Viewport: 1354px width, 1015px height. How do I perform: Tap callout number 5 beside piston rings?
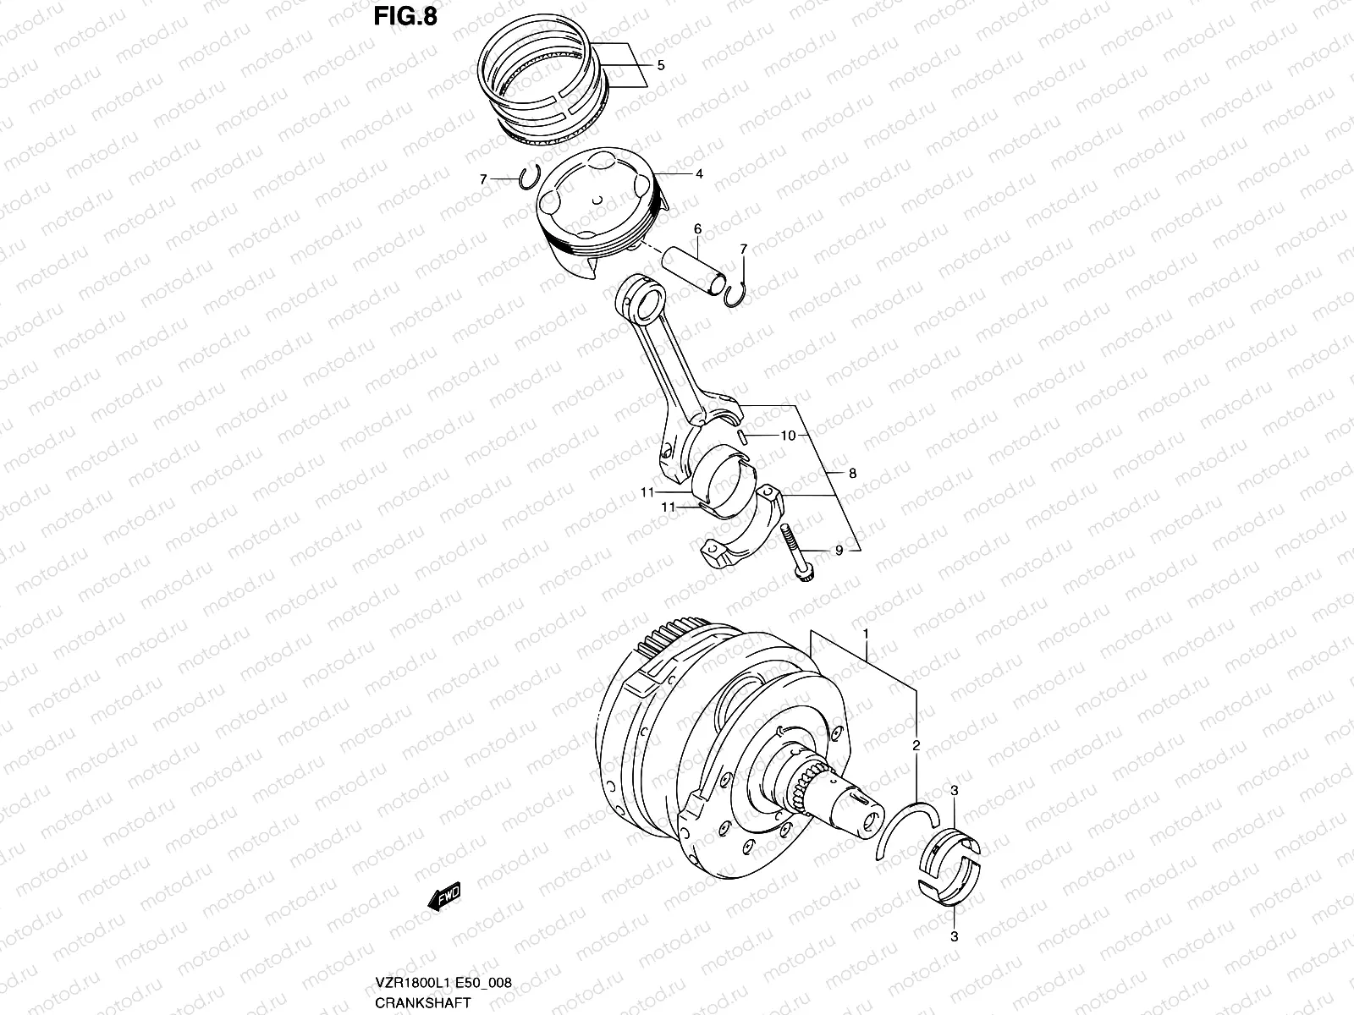click(660, 65)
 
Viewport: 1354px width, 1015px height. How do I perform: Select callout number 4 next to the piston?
click(699, 174)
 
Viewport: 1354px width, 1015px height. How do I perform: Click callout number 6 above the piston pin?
click(697, 228)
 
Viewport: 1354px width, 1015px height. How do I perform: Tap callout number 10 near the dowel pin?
click(788, 436)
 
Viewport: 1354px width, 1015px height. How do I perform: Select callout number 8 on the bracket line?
click(852, 473)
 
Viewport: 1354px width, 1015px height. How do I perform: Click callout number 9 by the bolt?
click(839, 551)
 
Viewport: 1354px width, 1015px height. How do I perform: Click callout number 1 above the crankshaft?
click(866, 633)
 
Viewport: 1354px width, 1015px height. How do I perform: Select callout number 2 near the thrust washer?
click(916, 746)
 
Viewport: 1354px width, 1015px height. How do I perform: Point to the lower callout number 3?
click(954, 936)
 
